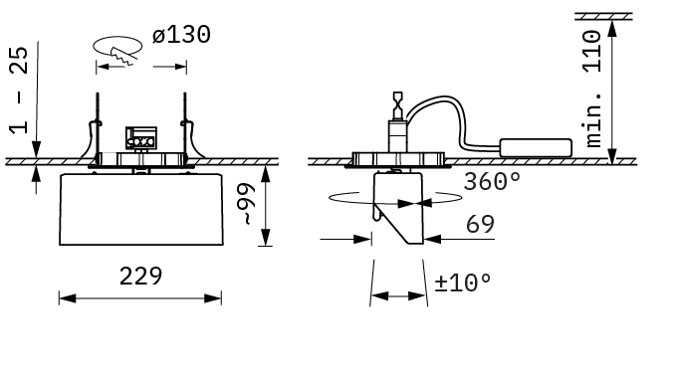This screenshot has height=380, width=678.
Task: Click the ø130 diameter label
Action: [x=181, y=35]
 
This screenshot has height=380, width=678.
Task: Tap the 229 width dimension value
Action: [x=140, y=276]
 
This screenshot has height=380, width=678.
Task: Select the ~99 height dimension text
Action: [x=247, y=204]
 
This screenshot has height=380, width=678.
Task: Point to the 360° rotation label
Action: [x=492, y=181]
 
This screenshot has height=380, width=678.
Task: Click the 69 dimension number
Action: [x=480, y=224]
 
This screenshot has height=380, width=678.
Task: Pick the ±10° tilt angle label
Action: [x=463, y=283]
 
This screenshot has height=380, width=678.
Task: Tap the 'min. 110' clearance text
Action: [x=592, y=89]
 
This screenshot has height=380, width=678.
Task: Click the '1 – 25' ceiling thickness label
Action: [x=19, y=91]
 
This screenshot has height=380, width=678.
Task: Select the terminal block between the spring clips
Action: [x=141, y=138]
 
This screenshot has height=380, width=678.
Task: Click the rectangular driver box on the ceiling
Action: [x=536, y=147]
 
